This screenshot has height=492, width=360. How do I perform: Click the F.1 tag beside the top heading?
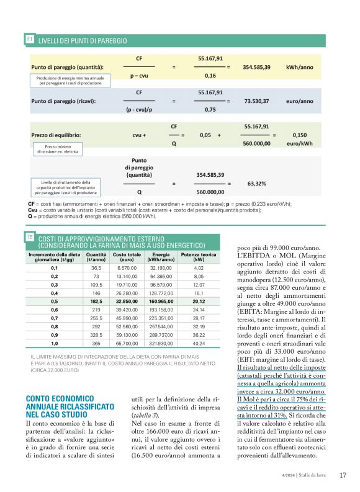pos(29,39)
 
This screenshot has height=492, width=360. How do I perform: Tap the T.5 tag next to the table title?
pos(29,237)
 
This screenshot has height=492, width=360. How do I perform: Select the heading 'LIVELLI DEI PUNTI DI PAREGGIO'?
pos(83,40)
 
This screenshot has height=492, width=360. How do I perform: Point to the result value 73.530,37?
pos(256,101)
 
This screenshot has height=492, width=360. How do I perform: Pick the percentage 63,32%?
pos(256,184)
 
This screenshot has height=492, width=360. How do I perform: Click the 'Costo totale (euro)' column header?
pos(127,257)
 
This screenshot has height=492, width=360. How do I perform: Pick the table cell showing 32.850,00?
pos(127,300)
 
